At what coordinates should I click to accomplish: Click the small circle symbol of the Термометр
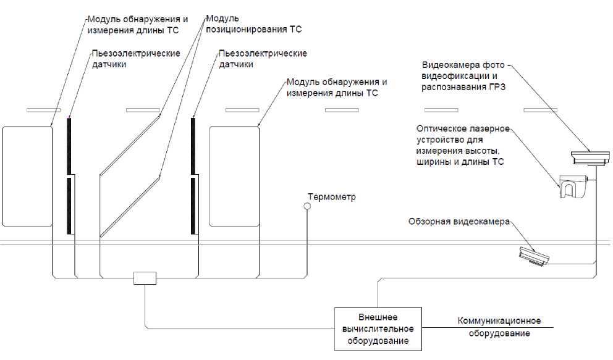tap(306, 207)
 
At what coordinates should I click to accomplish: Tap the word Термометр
tap(331, 197)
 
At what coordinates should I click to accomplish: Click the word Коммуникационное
tap(499, 321)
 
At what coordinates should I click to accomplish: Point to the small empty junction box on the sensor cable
tap(145, 278)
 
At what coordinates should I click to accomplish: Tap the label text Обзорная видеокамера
tap(459, 222)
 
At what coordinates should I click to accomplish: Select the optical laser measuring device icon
tap(572, 186)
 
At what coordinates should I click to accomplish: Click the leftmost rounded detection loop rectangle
tap(27, 177)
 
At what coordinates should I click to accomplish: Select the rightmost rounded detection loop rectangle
tap(234, 177)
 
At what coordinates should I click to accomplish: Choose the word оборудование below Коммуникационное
tap(499, 333)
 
